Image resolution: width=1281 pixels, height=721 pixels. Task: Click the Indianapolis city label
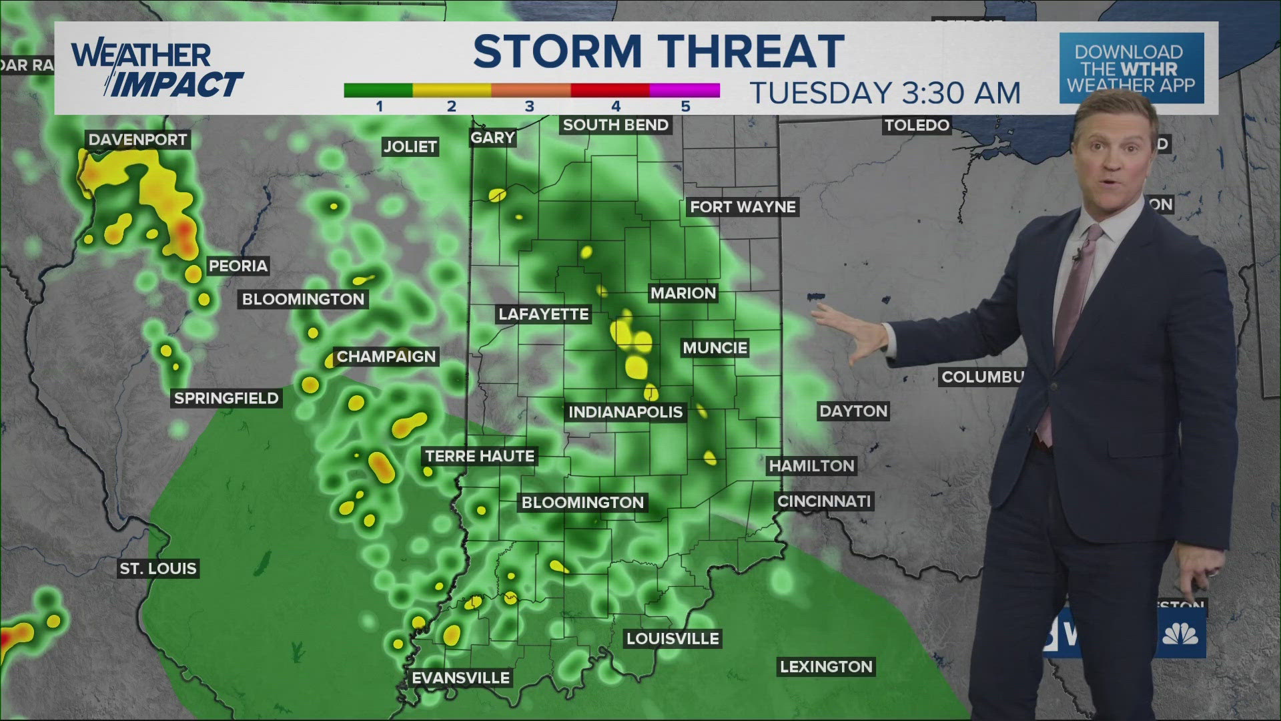[625, 412]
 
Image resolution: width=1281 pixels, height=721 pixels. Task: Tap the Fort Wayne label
[743, 207]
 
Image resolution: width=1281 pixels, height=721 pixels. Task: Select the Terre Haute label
[480, 457]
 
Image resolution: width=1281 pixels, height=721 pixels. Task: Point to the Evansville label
[460, 678]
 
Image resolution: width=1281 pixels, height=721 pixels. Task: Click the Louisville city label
[673, 639]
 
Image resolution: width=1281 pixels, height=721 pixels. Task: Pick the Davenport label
[137, 140]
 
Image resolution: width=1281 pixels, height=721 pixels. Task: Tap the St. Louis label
[158, 569]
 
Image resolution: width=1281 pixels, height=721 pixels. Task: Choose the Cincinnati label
[824, 501]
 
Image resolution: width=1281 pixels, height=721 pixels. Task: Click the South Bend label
[615, 125]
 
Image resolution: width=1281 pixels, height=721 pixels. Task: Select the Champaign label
[386, 356]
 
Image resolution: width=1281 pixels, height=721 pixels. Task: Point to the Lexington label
[826, 666]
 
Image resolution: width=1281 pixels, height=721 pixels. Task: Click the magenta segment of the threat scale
[685, 90]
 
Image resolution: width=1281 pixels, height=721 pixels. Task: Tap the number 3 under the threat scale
[529, 106]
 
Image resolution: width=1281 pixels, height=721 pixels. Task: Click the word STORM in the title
[556, 52]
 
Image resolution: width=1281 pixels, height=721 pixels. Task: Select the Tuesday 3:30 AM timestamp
[885, 93]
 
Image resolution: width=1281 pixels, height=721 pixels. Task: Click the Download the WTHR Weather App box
[1132, 69]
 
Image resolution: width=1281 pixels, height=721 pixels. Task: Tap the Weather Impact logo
[157, 69]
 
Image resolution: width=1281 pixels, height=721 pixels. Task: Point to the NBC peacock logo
[1180, 633]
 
